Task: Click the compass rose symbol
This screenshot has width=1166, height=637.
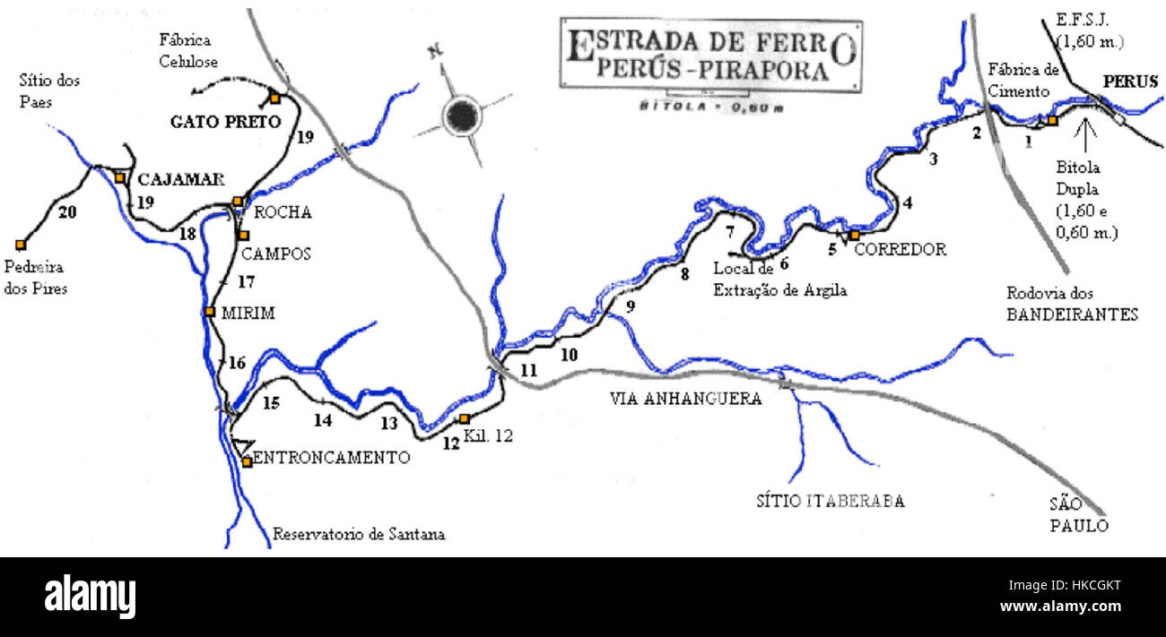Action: click(x=463, y=114)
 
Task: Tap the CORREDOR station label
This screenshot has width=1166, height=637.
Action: click(x=900, y=250)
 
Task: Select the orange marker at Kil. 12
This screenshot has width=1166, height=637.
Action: click(x=464, y=418)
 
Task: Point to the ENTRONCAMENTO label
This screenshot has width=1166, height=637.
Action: click(x=333, y=458)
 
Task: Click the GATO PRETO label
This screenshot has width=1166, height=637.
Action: click(x=226, y=122)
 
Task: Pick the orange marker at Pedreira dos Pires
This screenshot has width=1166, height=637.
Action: click(x=20, y=244)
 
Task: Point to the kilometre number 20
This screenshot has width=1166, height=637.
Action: click(x=65, y=212)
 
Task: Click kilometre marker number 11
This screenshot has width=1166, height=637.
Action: click(x=528, y=370)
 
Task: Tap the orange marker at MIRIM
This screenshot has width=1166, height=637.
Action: click(x=209, y=312)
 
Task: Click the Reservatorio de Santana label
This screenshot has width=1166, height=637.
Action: click(x=359, y=534)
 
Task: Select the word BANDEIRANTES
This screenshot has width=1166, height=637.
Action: click(x=1071, y=314)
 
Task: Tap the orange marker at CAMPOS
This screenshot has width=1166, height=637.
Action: click(x=243, y=235)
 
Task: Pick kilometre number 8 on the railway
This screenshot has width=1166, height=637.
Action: click(x=684, y=275)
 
